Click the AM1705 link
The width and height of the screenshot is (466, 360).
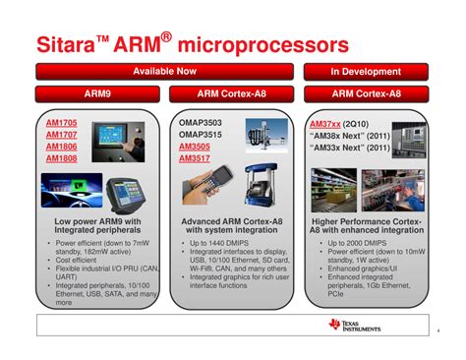coord(62,124)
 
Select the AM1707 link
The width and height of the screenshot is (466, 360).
coord(62,135)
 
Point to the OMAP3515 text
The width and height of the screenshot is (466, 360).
coord(202,135)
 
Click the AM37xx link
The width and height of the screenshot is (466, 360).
coord(325,124)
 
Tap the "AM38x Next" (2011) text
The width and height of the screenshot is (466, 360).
coord(349,136)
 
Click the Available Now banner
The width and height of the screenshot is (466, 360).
coord(165,72)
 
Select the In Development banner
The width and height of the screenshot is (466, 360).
coord(366,72)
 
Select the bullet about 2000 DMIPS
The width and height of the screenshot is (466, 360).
coord(359,243)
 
